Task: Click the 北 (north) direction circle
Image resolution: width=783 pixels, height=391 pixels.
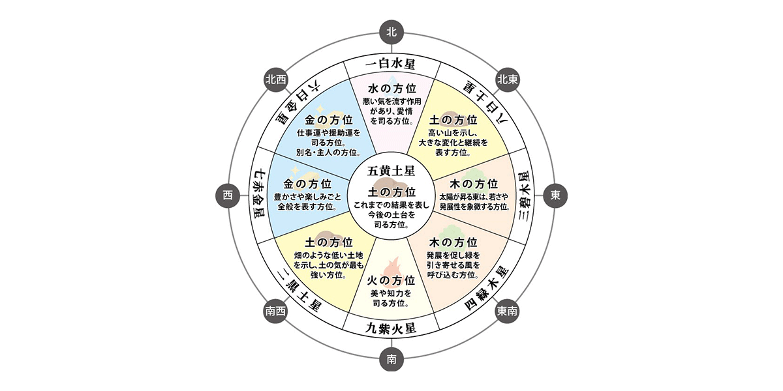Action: point(391,32)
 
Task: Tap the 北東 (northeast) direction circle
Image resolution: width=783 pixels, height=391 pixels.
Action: point(508,80)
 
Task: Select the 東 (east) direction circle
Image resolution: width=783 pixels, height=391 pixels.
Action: point(555,195)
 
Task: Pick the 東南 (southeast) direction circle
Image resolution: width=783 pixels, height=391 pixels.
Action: point(507,311)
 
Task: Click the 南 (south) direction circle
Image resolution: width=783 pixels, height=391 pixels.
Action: point(391,359)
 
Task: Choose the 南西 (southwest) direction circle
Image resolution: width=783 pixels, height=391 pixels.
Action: point(275,311)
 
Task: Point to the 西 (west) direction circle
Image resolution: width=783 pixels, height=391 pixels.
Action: point(228,195)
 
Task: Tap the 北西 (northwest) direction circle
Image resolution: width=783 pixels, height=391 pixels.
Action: point(276,80)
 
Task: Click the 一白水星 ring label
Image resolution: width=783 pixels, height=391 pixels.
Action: point(390,65)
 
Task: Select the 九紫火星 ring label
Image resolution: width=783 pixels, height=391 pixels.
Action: point(391,328)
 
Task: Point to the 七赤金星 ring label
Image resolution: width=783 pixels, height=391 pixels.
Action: point(258,195)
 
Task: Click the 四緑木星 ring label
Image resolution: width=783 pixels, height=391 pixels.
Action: point(487,288)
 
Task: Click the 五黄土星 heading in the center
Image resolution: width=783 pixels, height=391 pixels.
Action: point(391,171)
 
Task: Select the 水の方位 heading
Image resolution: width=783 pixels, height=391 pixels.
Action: point(392,89)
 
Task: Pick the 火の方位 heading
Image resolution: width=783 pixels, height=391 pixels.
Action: point(391,281)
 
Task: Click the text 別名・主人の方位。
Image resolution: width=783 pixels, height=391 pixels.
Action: point(329,152)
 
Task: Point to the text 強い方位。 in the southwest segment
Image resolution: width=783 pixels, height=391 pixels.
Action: point(329,275)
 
